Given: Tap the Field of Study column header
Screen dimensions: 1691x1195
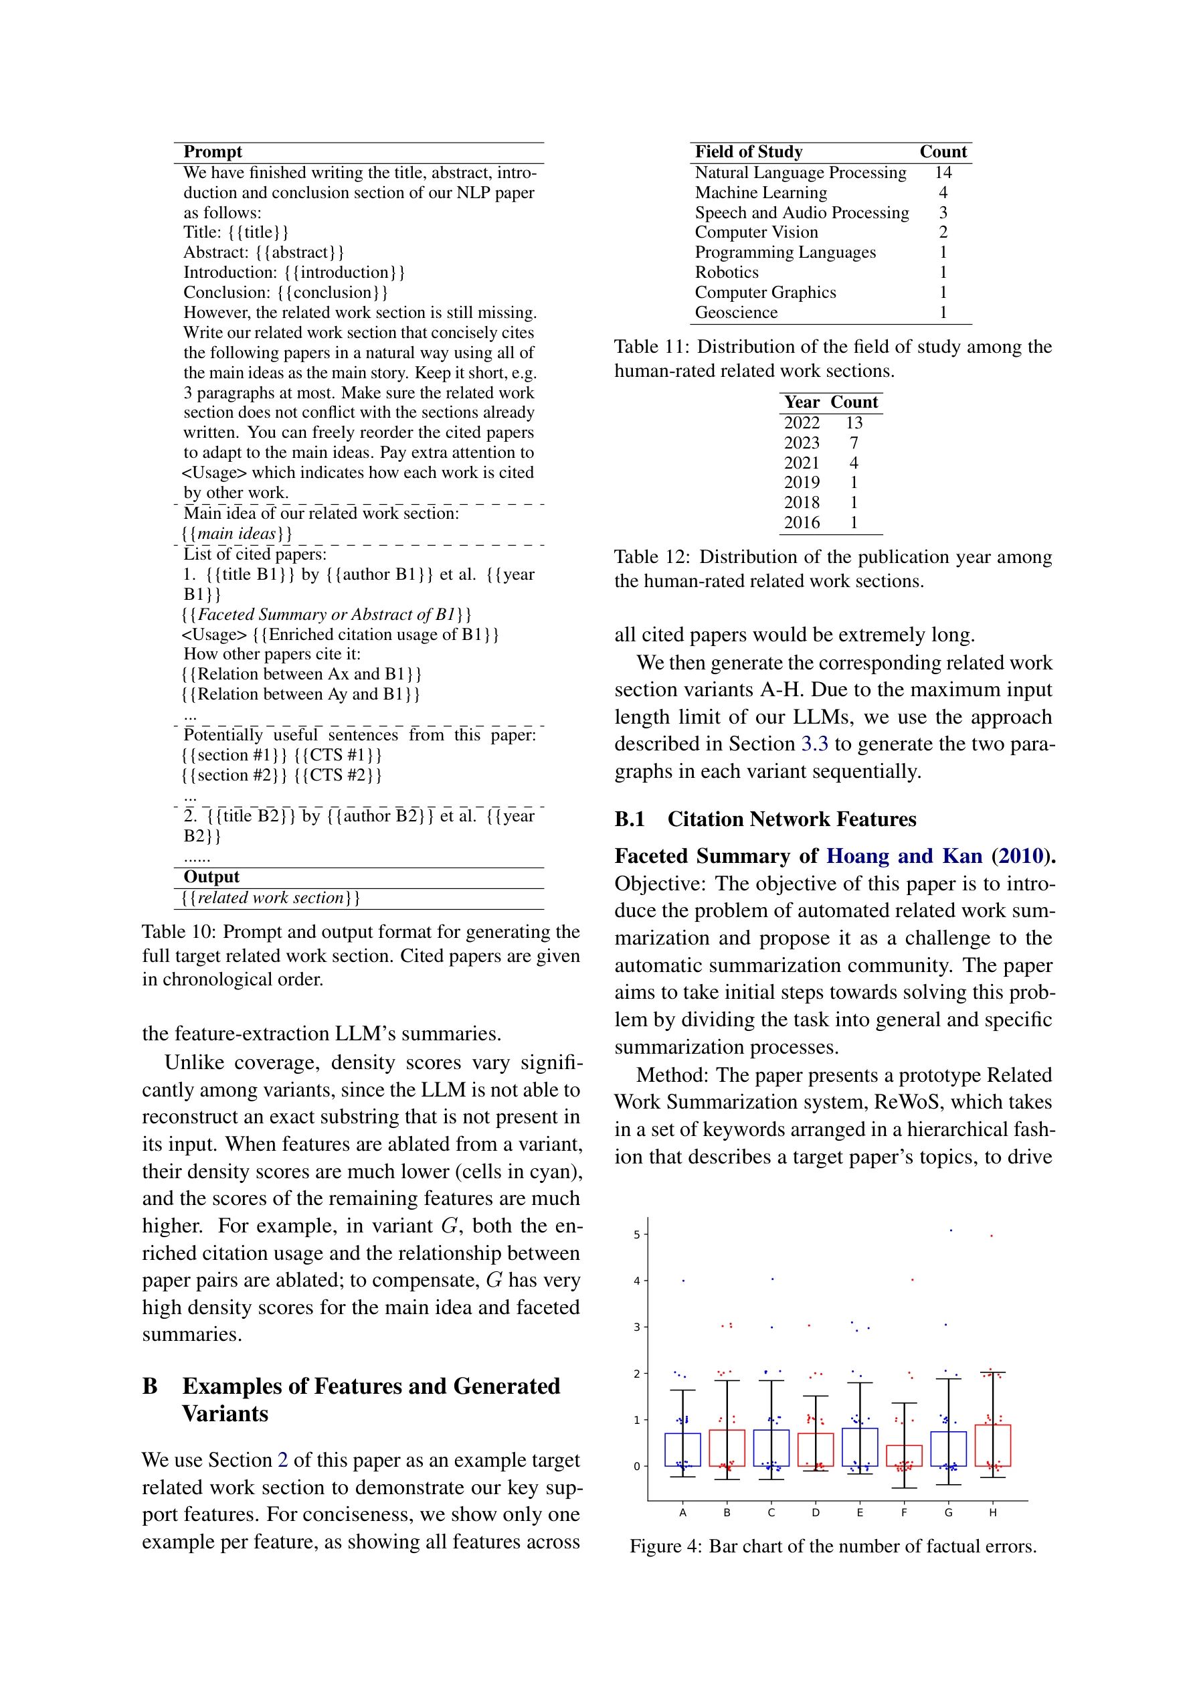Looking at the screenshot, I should [x=748, y=152].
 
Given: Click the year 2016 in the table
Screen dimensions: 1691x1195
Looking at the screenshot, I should [x=801, y=523].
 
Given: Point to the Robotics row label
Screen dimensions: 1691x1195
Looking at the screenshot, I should [x=726, y=272].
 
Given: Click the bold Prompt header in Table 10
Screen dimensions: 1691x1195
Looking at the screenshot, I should [x=212, y=152].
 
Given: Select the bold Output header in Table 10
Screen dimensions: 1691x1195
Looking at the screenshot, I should [x=211, y=876].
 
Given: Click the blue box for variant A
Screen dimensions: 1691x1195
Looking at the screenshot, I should [x=682, y=1449].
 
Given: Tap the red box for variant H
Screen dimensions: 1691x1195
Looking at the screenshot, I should [x=992, y=1445].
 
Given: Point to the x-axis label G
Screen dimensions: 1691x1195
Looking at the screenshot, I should [x=947, y=1512].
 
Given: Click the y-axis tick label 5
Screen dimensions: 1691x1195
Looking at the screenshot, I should [x=637, y=1234].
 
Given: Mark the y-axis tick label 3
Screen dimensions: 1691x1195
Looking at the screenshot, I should [x=637, y=1327].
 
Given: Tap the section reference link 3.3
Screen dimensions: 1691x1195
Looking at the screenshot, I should [x=814, y=744].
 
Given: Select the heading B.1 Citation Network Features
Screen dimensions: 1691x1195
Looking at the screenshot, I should [x=765, y=819].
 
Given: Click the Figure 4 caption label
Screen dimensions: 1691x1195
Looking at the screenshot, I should [x=665, y=1546].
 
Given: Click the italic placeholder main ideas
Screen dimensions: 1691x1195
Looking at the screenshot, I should [x=236, y=534].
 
